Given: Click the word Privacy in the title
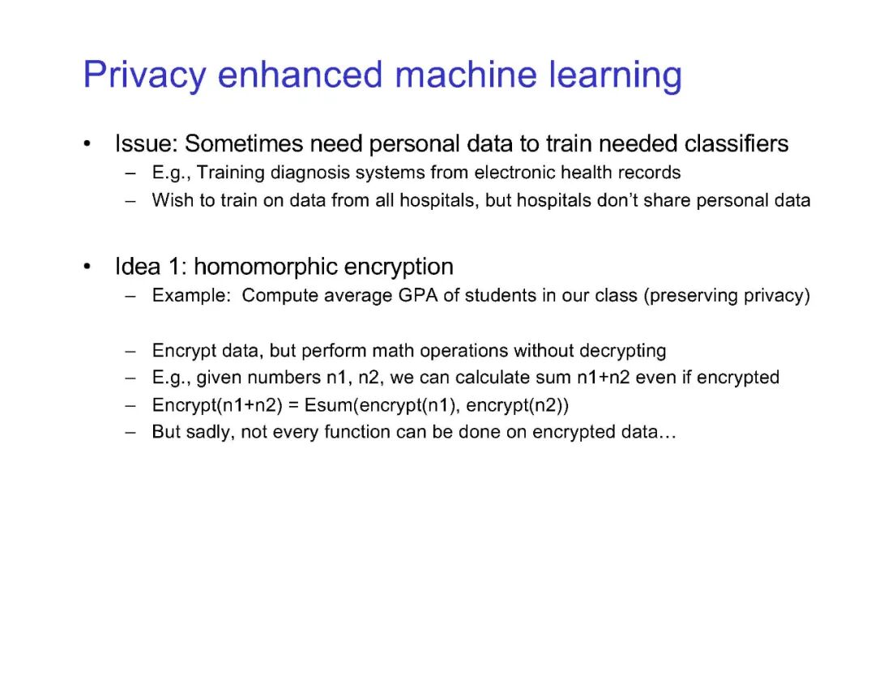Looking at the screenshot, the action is [144, 75].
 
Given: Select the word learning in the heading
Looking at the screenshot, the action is [615, 75].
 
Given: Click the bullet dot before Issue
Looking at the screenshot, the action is [87, 144].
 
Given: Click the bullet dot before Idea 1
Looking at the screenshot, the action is [87, 267].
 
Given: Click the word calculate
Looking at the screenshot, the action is [493, 378].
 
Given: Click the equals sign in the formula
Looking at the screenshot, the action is [293, 405].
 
